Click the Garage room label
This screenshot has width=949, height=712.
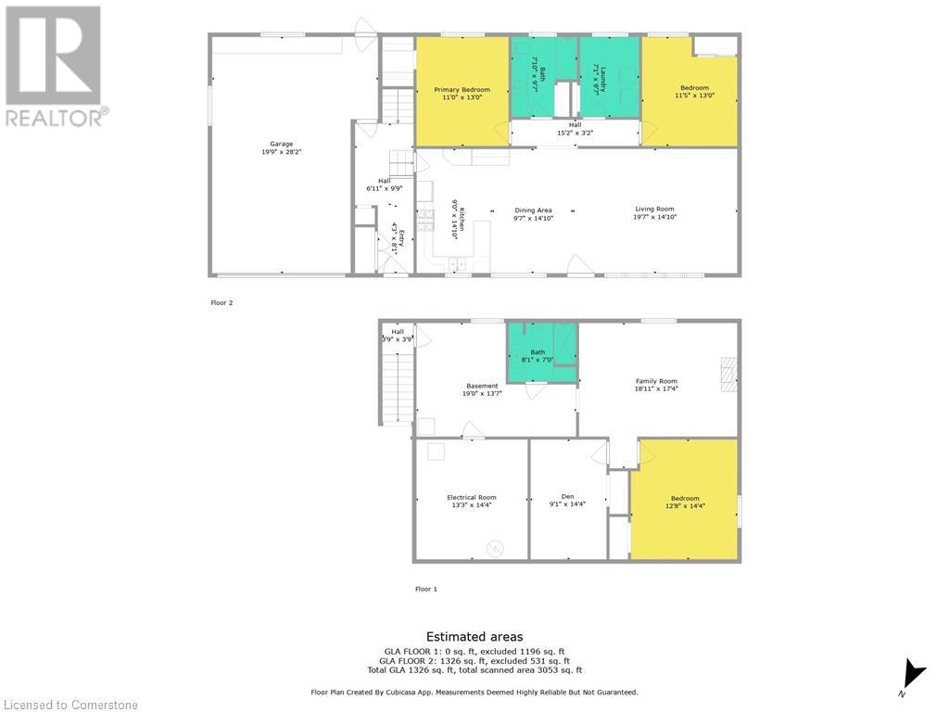(x=282, y=144)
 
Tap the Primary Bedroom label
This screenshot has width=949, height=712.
(x=462, y=90)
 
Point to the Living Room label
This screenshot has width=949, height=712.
(x=654, y=209)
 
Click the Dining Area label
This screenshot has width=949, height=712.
(x=533, y=210)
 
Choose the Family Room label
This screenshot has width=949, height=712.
(x=656, y=381)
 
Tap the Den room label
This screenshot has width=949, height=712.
(x=567, y=497)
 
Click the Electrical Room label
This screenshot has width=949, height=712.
(x=472, y=497)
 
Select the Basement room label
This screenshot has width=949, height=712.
(x=482, y=386)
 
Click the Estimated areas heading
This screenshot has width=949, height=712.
(x=474, y=637)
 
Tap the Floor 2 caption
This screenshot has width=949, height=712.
(x=222, y=302)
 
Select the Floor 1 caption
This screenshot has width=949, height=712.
(x=425, y=589)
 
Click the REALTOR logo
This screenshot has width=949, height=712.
(x=56, y=65)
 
